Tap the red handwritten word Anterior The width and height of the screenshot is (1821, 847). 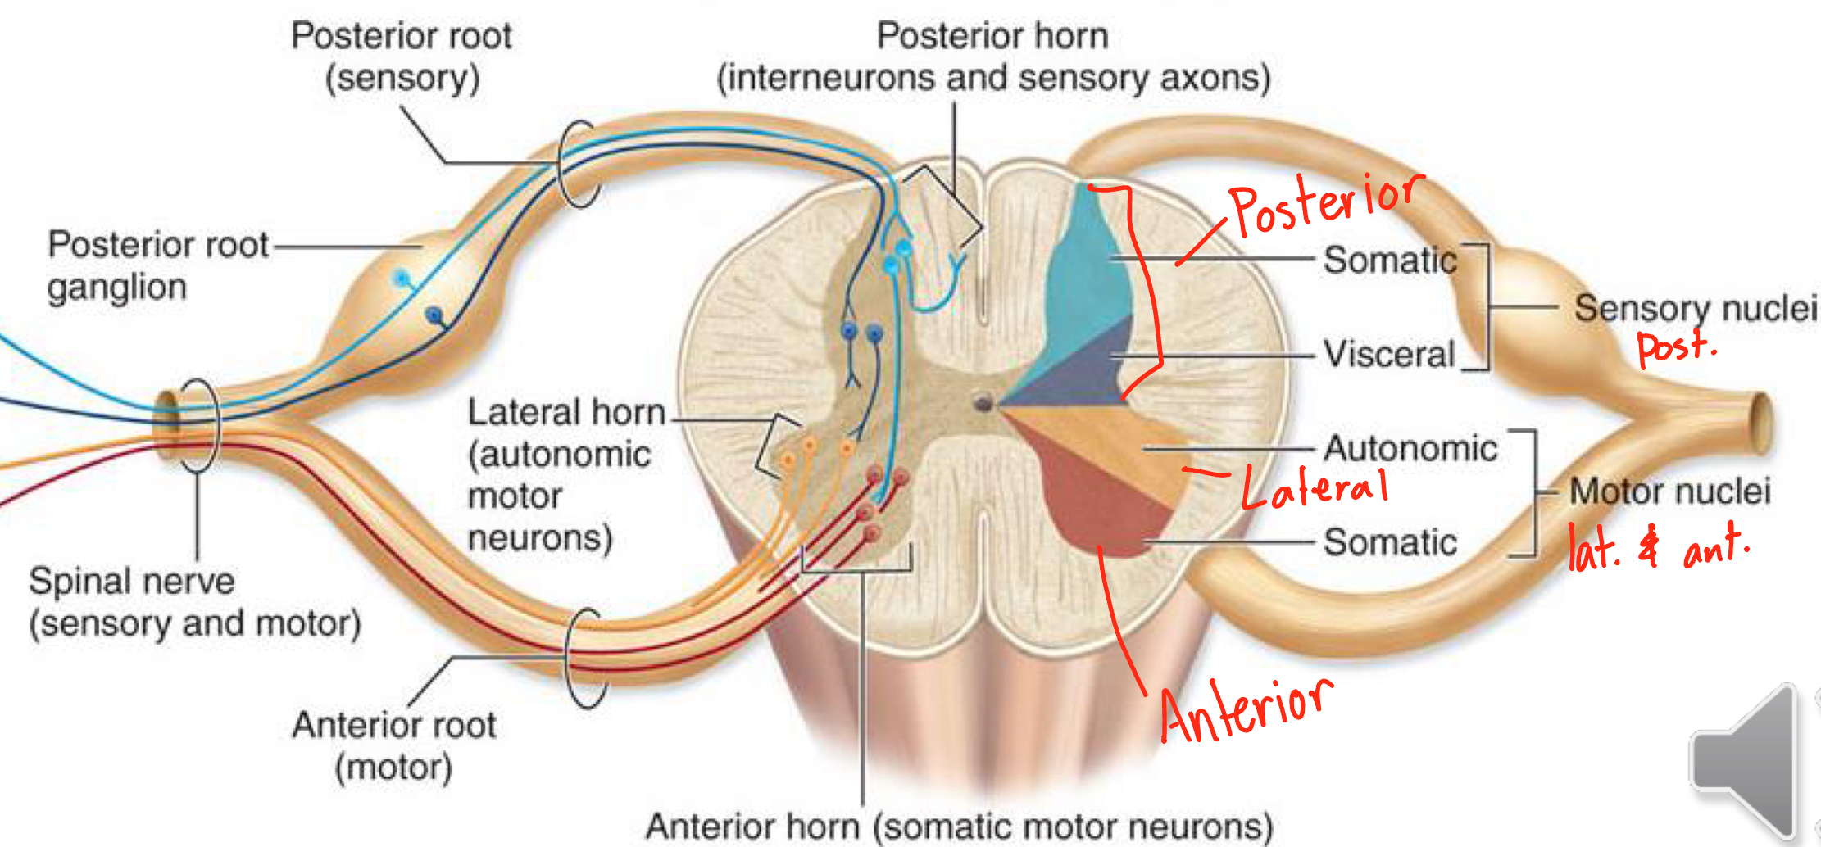[1246, 709]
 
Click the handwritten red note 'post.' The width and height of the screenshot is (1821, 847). [1675, 346]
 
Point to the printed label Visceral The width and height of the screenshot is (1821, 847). [1389, 355]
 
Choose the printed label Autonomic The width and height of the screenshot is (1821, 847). [1410, 448]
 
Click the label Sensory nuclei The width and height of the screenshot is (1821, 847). [1695, 308]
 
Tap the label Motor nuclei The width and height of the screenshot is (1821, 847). [1669, 491]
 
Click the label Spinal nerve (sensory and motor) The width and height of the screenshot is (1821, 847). [195, 602]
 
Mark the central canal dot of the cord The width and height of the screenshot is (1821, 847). [982, 402]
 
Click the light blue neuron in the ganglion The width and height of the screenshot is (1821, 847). [401, 279]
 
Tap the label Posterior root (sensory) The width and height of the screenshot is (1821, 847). [402, 57]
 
